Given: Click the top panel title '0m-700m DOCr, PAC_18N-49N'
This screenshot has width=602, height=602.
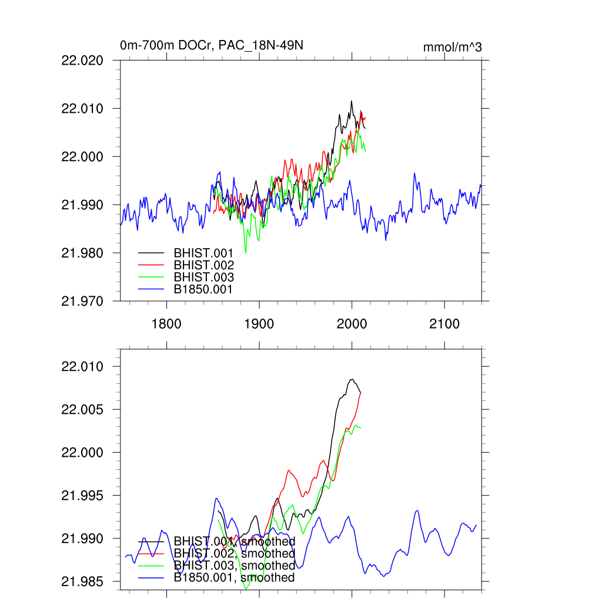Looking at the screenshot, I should pos(212,45).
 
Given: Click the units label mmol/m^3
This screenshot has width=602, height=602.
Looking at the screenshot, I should pos(452,47).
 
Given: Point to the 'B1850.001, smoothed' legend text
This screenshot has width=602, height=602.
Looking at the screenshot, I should pos(234,578).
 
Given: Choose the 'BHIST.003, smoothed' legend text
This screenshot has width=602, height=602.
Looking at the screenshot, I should pos(234,566).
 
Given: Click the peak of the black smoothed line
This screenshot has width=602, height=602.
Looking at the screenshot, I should pos(352,379).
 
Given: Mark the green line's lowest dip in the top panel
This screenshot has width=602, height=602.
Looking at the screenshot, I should pos(246,253).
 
